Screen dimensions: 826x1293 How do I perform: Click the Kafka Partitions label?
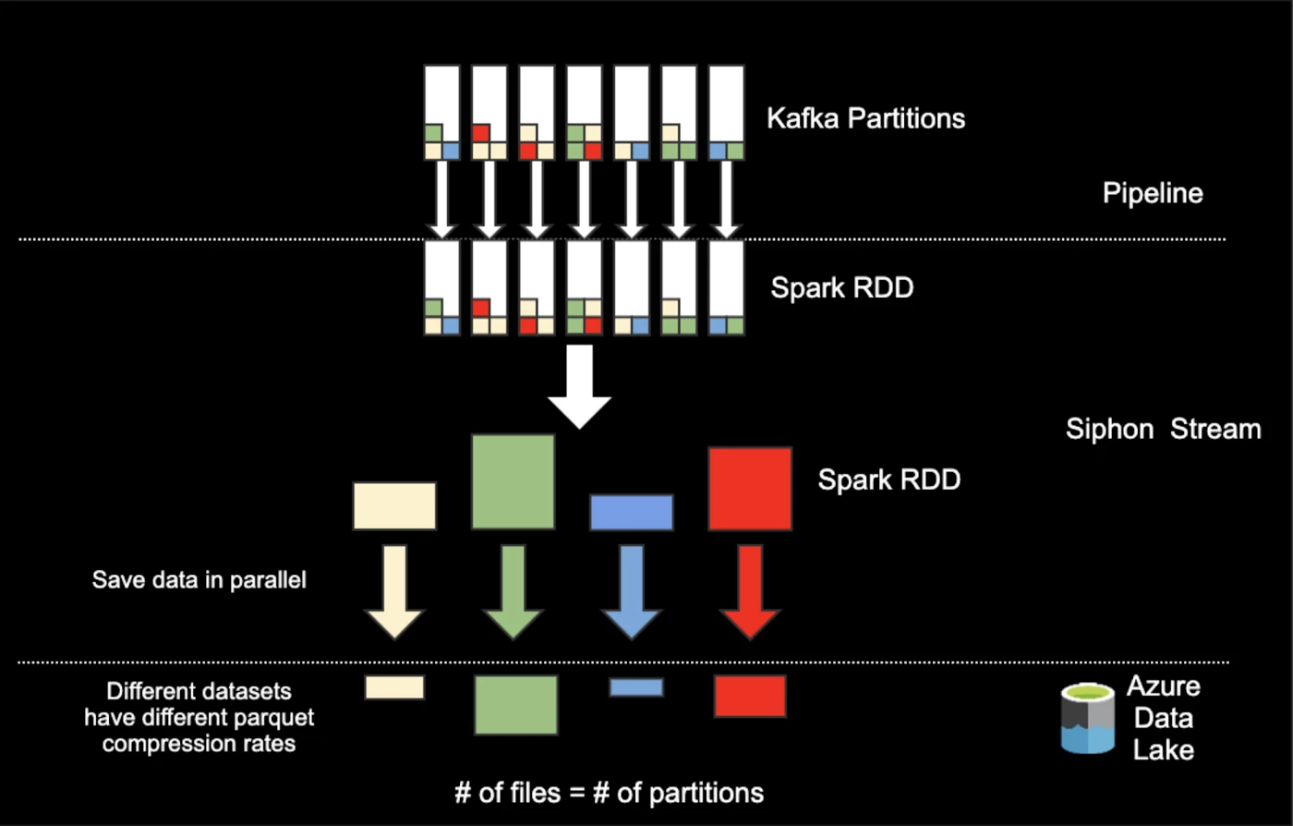865,118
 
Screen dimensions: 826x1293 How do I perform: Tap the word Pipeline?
1153,193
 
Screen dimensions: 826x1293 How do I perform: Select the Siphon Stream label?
1163,430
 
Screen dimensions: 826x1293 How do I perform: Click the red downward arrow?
750,591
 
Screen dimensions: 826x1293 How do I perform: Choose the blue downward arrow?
632,591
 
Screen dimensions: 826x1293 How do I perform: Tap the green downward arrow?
514,591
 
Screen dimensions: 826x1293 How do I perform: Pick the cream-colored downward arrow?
394,591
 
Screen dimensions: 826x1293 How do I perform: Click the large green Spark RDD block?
514,481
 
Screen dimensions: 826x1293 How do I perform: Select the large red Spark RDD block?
750,489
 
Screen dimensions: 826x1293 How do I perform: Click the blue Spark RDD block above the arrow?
632,513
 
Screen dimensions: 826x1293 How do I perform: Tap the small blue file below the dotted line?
636,687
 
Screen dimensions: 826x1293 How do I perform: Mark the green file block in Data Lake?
516,705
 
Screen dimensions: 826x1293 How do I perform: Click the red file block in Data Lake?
750,696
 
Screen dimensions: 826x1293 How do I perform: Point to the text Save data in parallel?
199,580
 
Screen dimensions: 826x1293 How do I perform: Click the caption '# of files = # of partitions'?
609,793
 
